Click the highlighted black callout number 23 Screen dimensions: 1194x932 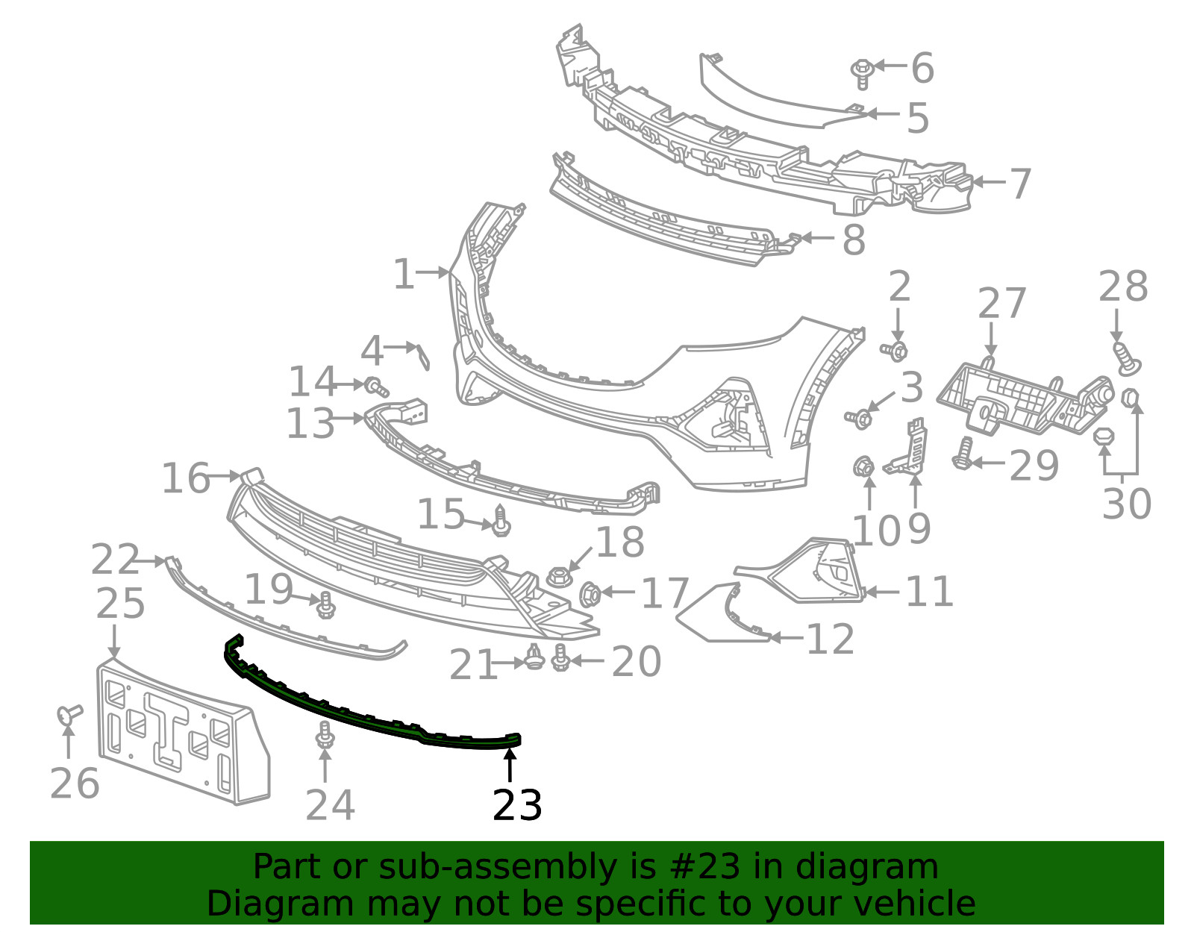pos(517,805)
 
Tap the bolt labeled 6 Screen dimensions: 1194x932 pos(862,74)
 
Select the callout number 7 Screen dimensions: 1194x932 pos(1021,184)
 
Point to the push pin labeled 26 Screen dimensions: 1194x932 pos(69,715)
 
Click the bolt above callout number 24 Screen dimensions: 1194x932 pos(325,735)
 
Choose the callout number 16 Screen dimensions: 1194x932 pos(186,478)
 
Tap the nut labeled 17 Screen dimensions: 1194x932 pos(590,594)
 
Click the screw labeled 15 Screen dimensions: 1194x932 pos(501,521)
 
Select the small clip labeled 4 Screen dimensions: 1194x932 pos(422,356)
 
